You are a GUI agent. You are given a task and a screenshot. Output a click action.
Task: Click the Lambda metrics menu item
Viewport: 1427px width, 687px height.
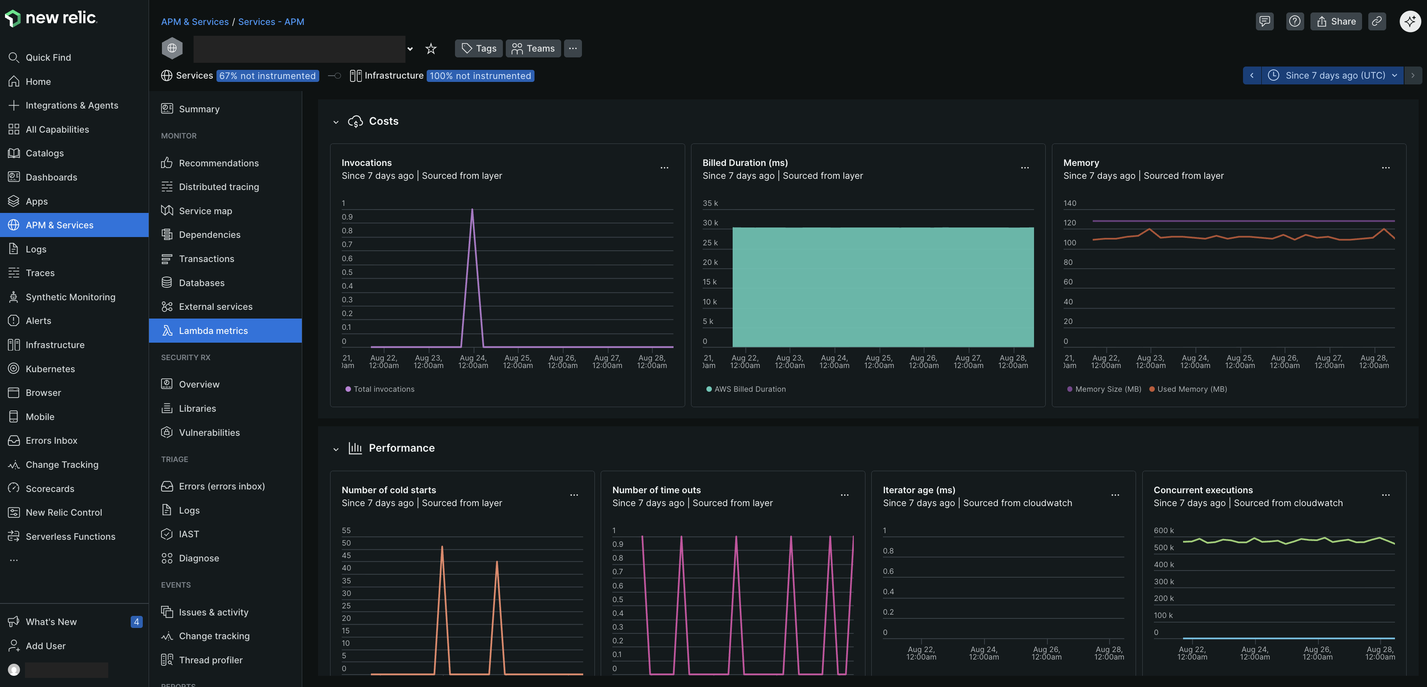point(213,331)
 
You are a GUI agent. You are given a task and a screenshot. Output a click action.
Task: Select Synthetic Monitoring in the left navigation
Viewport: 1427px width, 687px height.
point(70,297)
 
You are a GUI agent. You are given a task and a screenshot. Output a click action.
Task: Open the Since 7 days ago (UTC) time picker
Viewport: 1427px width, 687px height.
point(1332,75)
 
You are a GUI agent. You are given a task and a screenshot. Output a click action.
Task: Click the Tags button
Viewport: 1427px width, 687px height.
point(479,48)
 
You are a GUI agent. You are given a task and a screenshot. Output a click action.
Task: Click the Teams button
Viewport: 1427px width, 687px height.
point(532,48)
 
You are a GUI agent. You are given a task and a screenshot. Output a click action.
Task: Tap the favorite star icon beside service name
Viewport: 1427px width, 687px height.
point(430,49)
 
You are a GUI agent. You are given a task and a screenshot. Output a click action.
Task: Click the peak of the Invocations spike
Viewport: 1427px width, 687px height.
point(472,209)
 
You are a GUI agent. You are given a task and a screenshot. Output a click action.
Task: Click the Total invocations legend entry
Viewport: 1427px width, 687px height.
point(383,389)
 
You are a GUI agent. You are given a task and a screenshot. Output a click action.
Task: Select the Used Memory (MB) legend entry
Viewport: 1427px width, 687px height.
point(1191,389)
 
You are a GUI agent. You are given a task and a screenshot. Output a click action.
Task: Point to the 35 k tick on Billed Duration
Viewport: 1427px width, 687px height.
point(710,203)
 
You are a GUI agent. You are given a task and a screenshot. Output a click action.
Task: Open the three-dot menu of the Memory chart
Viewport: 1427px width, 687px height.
point(1385,168)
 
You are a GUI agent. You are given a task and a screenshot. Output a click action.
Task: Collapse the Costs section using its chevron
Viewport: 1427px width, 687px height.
point(336,122)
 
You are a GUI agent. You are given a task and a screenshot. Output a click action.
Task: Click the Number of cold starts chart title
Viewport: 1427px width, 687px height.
point(388,490)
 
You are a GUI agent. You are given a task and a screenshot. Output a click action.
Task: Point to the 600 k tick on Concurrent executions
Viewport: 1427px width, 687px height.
point(1163,530)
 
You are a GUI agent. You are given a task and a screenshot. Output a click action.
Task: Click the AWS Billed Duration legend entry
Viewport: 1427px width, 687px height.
point(749,389)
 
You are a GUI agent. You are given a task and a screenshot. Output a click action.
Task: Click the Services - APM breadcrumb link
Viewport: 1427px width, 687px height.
point(271,22)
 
